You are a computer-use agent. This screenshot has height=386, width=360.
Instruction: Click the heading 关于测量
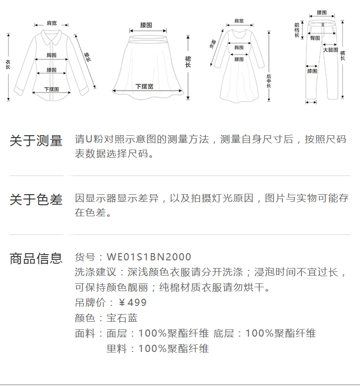click(36, 141)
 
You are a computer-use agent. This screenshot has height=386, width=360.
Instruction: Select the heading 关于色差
click(36, 199)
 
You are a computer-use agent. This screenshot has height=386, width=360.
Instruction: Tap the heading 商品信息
click(36, 258)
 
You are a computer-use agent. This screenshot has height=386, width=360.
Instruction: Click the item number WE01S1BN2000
click(149, 257)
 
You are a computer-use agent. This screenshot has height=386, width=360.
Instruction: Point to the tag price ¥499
click(132, 303)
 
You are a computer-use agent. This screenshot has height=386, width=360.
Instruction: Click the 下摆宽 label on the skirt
click(144, 86)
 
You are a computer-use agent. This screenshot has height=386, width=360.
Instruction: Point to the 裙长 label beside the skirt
click(188, 61)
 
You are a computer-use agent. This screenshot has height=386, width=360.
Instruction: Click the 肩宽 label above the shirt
click(51, 23)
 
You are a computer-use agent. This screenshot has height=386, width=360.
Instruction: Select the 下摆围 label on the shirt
click(51, 89)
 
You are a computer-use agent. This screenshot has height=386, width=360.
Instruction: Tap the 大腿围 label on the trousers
click(330, 50)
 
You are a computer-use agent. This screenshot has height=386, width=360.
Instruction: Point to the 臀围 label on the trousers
click(315, 38)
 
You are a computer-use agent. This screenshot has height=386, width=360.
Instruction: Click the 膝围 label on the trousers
click(312, 71)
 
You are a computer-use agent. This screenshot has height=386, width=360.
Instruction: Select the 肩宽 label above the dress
click(239, 21)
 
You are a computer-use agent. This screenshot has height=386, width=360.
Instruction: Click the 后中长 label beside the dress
click(269, 82)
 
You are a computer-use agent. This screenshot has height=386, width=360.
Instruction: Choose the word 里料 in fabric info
click(117, 349)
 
